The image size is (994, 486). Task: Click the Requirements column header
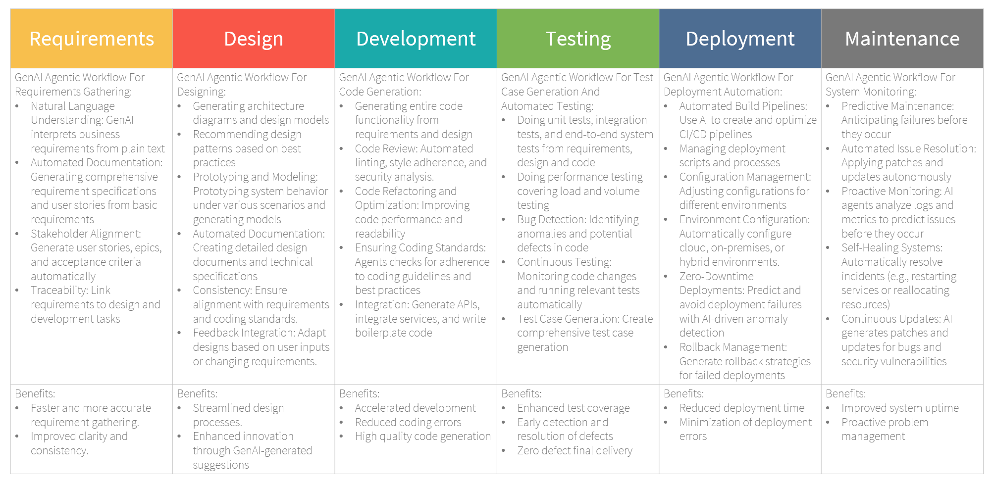92,39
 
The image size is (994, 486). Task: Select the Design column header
254,39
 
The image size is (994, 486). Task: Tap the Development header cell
416,39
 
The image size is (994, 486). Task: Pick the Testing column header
578,39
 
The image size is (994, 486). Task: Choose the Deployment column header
740,39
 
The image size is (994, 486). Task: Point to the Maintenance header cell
902,39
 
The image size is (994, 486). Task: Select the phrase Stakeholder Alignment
85,234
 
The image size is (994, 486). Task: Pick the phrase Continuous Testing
564,262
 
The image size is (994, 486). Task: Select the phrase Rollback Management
732,347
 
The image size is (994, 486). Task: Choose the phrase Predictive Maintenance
896,106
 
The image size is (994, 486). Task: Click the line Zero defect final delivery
575,451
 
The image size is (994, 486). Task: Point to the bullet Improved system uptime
900,408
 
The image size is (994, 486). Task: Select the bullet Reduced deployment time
742,408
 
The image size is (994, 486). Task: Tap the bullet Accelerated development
415,408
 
